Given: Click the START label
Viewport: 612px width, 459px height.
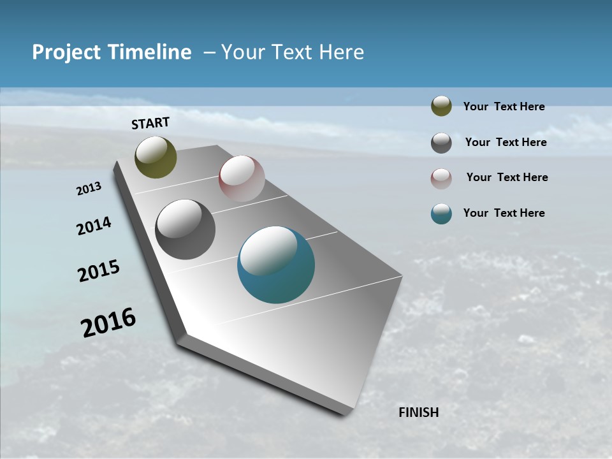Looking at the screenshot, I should point(150,122).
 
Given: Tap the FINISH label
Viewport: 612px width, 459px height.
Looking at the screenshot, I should point(418,412).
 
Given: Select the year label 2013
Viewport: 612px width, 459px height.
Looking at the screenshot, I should point(89,189).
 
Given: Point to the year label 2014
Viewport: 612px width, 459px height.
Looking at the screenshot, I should point(94,226).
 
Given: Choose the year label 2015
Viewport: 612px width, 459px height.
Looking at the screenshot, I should point(98,271).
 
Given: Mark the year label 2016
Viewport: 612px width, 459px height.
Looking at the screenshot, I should point(108,323).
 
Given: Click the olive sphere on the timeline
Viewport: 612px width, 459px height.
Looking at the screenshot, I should point(156,157).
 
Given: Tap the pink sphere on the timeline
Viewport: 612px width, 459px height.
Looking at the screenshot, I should point(242,178).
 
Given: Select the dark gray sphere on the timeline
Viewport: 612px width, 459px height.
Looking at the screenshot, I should point(185,229).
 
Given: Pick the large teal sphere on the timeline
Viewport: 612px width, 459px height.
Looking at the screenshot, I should point(276,265).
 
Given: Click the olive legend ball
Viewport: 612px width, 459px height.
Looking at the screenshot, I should point(441,106).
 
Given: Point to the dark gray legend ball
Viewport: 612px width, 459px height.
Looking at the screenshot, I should point(441,143).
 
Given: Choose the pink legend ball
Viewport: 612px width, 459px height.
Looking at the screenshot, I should point(441,178).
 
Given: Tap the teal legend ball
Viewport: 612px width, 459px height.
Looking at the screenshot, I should point(441,214).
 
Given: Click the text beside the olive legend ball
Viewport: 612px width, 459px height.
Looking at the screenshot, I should point(504,107).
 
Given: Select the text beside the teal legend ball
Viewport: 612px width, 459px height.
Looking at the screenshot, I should point(504,213).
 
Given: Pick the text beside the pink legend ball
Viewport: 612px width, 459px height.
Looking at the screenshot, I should point(507,177).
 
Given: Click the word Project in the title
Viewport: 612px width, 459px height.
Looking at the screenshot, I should point(68,52).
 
